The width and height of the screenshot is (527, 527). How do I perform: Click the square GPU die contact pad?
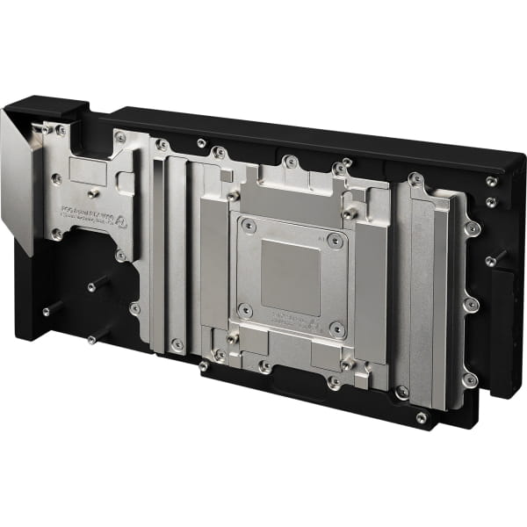291,277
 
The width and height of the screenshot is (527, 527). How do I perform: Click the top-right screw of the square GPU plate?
333,239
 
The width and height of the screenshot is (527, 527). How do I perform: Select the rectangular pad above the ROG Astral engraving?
89,171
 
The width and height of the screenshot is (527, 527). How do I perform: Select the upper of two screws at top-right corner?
491,182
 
